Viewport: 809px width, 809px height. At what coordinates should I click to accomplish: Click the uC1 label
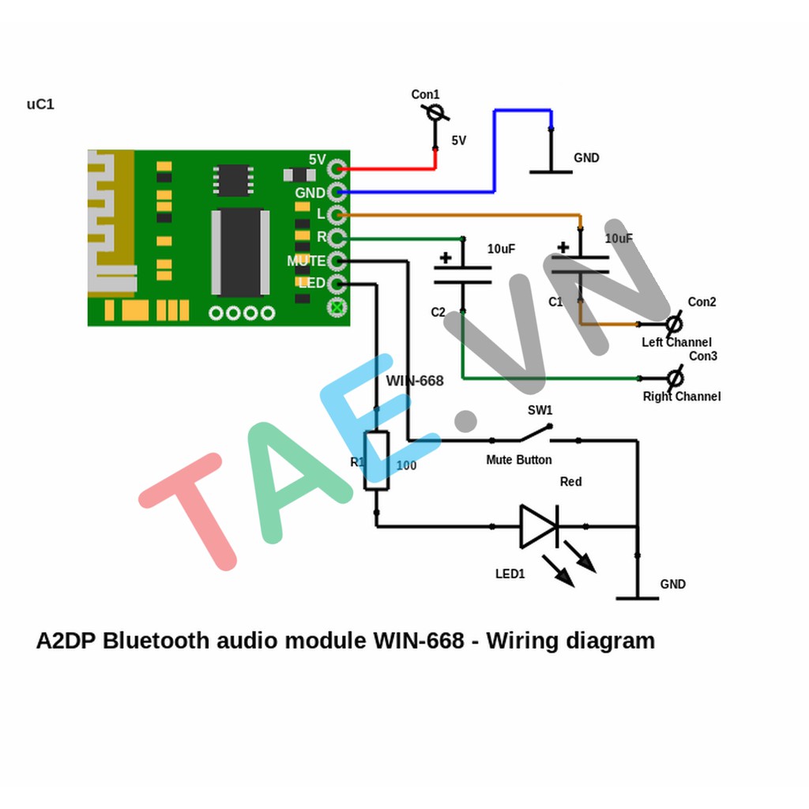pos(40,104)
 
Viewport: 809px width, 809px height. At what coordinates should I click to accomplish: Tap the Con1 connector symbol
pos(434,113)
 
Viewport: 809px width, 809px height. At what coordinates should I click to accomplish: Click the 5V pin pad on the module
pos(338,168)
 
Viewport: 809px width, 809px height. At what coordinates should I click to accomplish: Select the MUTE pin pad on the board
pos(338,261)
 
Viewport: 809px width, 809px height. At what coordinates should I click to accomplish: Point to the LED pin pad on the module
pos(338,284)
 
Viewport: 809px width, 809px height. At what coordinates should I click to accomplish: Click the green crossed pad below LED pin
pos(338,307)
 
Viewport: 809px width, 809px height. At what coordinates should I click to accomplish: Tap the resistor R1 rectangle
pos(376,461)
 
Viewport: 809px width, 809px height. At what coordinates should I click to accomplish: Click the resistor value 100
pos(406,466)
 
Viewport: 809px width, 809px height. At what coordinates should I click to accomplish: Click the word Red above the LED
pos(570,482)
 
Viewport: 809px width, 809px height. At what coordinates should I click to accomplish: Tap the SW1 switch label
pos(540,411)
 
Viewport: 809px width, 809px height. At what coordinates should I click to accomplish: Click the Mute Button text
pos(518,460)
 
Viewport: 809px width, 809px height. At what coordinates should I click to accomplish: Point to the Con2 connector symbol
pos(674,323)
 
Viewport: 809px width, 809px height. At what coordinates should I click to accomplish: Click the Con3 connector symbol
pos(674,378)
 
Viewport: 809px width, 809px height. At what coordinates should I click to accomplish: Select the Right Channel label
pos(681,397)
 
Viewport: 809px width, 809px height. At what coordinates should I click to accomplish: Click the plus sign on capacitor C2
pos(446,258)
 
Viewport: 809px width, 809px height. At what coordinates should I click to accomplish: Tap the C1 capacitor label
pos(555,302)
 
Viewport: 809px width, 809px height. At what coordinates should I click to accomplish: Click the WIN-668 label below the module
pos(415,381)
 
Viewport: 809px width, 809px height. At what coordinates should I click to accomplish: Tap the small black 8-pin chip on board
pos(233,180)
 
